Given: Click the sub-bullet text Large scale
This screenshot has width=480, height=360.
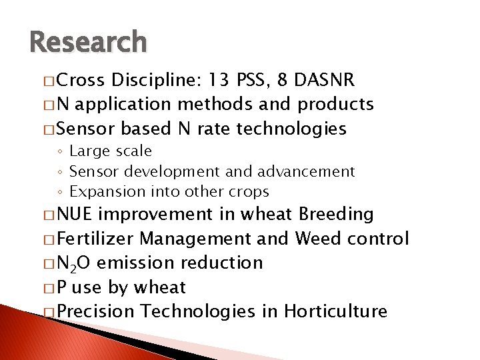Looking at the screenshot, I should (x=110, y=151).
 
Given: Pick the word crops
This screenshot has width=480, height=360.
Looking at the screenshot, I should (x=248, y=192).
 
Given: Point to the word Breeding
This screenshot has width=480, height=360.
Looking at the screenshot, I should (x=337, y=214).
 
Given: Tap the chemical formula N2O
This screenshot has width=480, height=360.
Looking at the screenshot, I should (x=74, y=263).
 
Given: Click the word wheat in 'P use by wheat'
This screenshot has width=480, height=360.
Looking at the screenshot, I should (x=159, y=287).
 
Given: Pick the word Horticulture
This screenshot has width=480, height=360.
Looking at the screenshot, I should (x=335, y=311).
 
